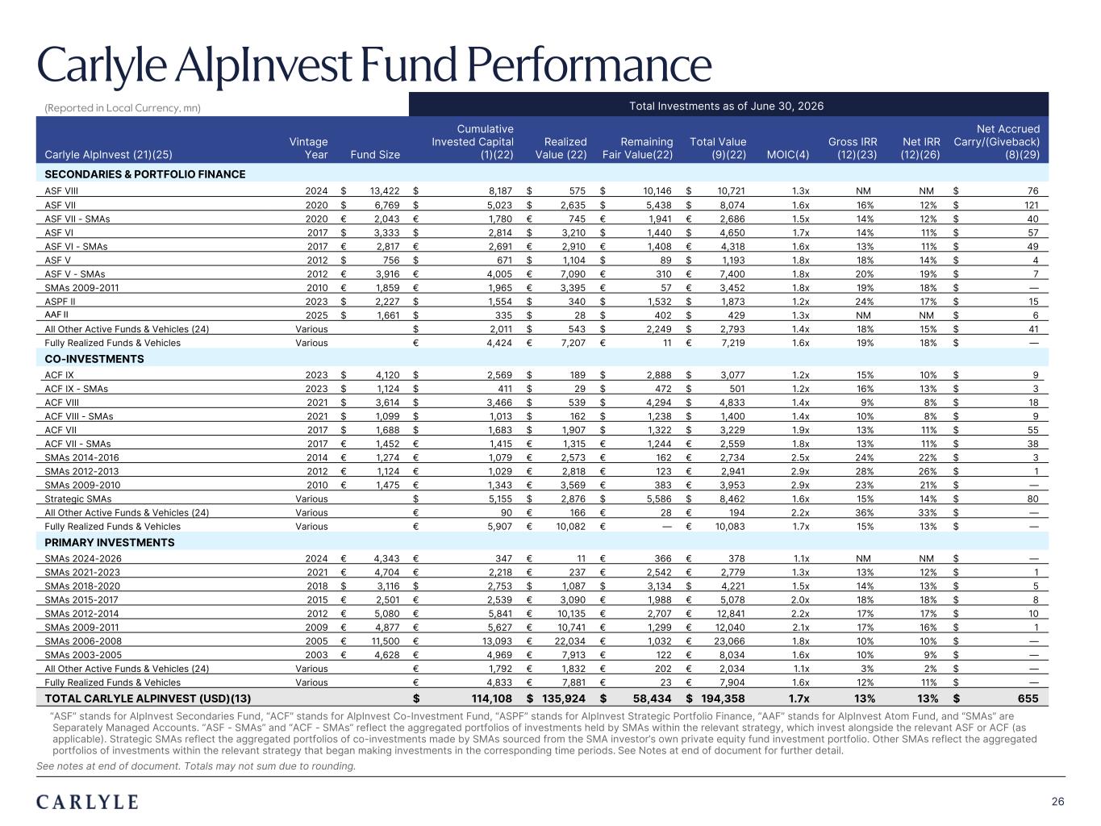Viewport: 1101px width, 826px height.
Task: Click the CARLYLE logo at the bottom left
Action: (x=87, y=802)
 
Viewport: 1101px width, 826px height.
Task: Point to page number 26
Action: (x=1057, y=802)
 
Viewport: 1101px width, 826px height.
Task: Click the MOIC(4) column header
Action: (x=787, y=154)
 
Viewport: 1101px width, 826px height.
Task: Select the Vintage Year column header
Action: (x=308, y=148)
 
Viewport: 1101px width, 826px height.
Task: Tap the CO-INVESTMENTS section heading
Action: (x=94, y=359)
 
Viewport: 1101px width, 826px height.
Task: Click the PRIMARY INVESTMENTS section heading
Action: (x=110, y=543)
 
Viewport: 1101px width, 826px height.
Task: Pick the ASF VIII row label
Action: (x=61, y=191)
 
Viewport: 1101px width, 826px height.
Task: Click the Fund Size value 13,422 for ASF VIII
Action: (x=385, y=191)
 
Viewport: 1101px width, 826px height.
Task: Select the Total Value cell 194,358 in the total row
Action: (x=723, y=699)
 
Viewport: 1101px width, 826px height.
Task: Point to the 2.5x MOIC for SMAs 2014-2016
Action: (x=800, y=457)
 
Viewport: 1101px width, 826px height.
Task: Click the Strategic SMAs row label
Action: (x=77, y=499)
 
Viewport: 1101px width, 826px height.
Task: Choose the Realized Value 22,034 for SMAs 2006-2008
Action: (x=569, y=641)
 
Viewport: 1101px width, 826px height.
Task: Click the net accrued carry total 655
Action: (x=1028, y=699)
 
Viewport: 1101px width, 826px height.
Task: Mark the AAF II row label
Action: (x=56, y=315)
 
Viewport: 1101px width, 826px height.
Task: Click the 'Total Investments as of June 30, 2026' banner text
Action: (x=726, y=106)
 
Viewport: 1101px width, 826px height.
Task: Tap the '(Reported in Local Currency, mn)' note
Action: (x=123, y=108)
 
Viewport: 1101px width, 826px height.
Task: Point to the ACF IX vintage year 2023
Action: (x=316, y=375)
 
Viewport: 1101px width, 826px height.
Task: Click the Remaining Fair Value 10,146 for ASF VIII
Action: (x=657, y=191)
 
